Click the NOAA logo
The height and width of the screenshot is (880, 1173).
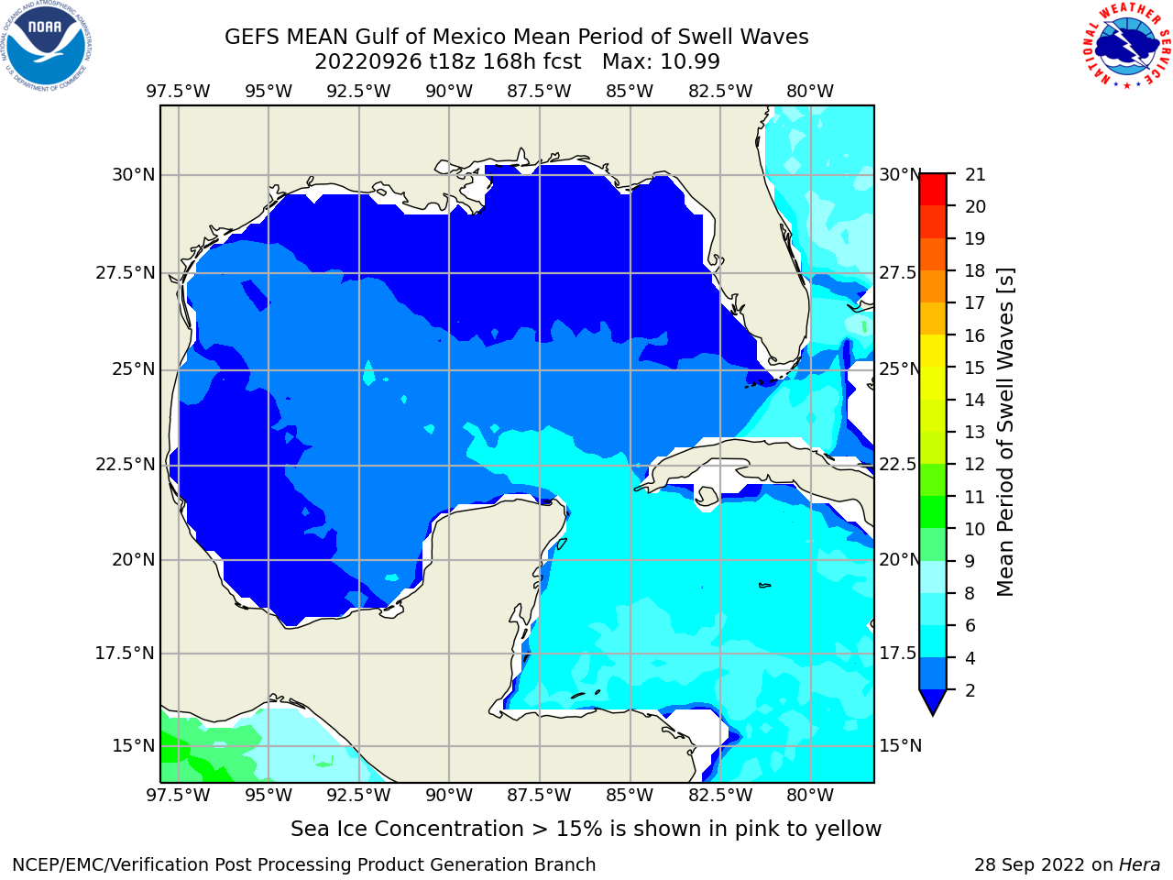(47, 46)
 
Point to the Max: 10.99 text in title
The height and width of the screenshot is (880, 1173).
(661, 62)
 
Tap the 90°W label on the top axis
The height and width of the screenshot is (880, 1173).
(449, 92)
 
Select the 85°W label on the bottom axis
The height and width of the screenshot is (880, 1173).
(630, 795)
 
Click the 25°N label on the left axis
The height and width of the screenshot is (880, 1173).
(133, 369)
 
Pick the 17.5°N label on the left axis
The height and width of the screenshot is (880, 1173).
(125, 653)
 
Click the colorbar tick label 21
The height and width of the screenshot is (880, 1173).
(975, 175)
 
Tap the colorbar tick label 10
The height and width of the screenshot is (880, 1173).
(975, 529)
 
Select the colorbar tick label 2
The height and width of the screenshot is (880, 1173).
(970, 690)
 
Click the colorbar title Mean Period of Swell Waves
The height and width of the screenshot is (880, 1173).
(1005, 432)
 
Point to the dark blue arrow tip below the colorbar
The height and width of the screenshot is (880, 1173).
(933, 714)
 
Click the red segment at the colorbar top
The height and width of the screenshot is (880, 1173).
(933, 181)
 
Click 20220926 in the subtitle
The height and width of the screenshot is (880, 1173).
(368, 62)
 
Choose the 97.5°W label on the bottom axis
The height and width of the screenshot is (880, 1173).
(178, 795)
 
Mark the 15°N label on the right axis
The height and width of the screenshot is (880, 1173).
(901, 745)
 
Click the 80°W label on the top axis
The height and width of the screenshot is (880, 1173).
(810, 92)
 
